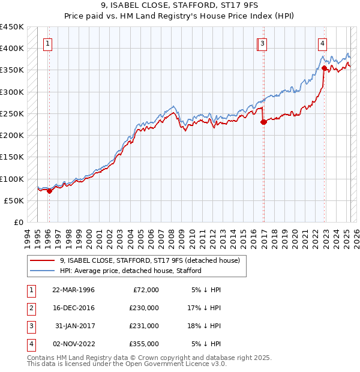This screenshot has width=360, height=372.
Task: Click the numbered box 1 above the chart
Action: (x=47, y=43)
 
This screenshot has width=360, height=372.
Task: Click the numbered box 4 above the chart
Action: (x=322, y=43)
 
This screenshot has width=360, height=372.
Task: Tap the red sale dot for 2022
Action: (x=324, y=68)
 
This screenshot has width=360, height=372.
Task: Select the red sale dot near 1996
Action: (x=49, y=191)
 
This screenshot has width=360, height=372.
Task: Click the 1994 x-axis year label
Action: (x=26, y=238)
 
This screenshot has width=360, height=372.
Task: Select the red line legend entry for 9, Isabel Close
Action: (x=149, y=260)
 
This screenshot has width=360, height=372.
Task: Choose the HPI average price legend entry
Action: (x=130, y=271)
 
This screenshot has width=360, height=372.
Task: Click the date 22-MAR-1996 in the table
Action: (x=74, y=290)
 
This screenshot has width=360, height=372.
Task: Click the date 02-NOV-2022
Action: (x=74, y=344)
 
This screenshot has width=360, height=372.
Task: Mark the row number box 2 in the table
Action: (x=30, y=308)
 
